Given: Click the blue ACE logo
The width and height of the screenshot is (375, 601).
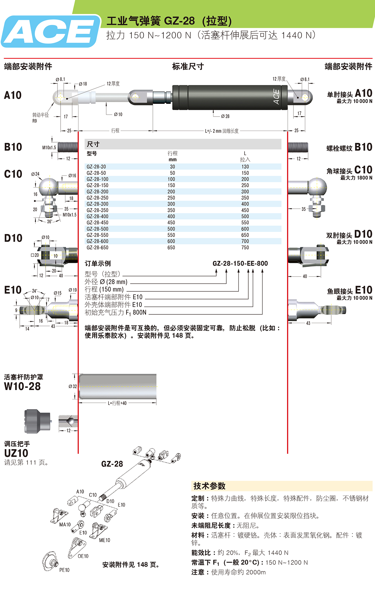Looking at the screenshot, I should tap(50, 31).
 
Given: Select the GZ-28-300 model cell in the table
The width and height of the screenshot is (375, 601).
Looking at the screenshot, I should tap(97, 204).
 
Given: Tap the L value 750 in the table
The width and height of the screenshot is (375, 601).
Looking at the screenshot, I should tap(245, 248).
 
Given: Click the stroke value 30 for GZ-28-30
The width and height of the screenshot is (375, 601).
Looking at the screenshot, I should tap(172, 167).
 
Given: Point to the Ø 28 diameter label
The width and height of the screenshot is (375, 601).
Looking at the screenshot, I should tap(225, 116).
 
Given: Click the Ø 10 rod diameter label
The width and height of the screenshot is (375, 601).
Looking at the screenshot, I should tap(118, 114).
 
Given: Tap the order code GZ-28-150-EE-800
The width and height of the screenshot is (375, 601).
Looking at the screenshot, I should tap(240, 263).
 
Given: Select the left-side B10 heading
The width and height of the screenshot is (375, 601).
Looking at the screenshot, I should tap(13, 147).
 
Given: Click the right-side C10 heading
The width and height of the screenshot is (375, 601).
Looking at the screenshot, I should tap(363, 170).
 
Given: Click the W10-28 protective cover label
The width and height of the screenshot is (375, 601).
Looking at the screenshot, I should tap(22, 386).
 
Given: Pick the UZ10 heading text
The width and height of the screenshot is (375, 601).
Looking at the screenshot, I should tap(16, 453).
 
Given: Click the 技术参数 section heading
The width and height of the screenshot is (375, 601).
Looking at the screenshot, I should tap(209, 486).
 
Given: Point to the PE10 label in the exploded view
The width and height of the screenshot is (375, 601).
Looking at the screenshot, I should tap(64, 570).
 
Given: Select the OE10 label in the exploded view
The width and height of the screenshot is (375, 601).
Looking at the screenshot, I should tap(83, 556).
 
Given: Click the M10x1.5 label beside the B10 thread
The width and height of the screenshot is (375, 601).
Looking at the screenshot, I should tap(49, 148).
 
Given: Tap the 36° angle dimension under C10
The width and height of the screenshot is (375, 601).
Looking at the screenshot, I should tap(49, 222).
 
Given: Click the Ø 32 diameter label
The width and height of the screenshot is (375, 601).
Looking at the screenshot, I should tap(72, 387).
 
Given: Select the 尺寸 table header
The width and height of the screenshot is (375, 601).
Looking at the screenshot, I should tap(93, 144).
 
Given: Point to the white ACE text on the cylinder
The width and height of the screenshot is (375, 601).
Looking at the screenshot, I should tap(276, 97).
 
